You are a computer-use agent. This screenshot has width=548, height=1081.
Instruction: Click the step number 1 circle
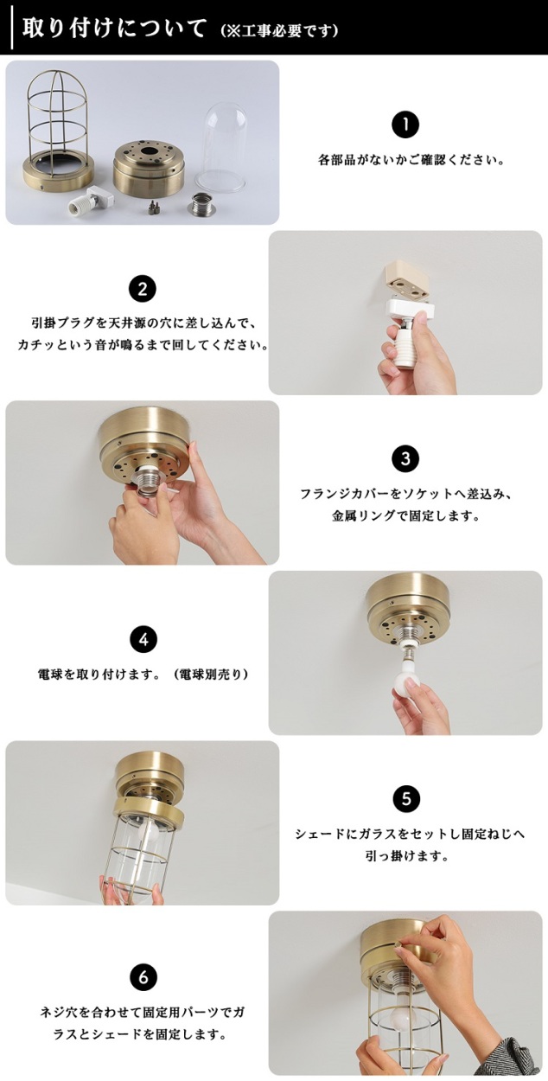[x=405, y=125]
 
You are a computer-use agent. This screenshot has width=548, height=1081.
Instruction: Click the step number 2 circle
[x=143, y=290]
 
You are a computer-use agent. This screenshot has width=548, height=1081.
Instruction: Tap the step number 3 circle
[x=405, y=458]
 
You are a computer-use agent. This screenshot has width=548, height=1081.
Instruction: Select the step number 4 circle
[x=143, y=640]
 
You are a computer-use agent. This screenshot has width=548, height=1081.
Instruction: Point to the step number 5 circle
[x=406, y=799]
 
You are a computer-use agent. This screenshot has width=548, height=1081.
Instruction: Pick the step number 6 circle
[x=143, y=978]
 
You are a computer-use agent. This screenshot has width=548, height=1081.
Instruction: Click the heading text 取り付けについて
[x=114, y=29]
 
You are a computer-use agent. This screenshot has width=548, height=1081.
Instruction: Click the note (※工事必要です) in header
[x=279, y=31]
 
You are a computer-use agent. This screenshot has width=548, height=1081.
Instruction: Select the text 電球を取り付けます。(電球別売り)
[x=143, y=675]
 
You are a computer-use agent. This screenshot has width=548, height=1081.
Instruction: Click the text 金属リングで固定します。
[x=405, y=516]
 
